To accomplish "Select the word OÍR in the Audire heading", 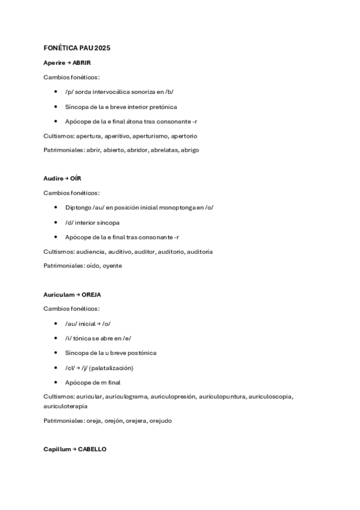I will click(75, 179).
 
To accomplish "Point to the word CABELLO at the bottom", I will click(92, 449).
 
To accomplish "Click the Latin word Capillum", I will click(58, 449).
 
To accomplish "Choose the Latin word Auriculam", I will click(58, 295).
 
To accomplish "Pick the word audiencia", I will click(91, 251).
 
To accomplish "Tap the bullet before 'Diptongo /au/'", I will click(55, 207).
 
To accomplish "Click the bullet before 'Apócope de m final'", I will click(55, 382).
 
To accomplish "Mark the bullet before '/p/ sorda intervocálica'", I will click(55, 91).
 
